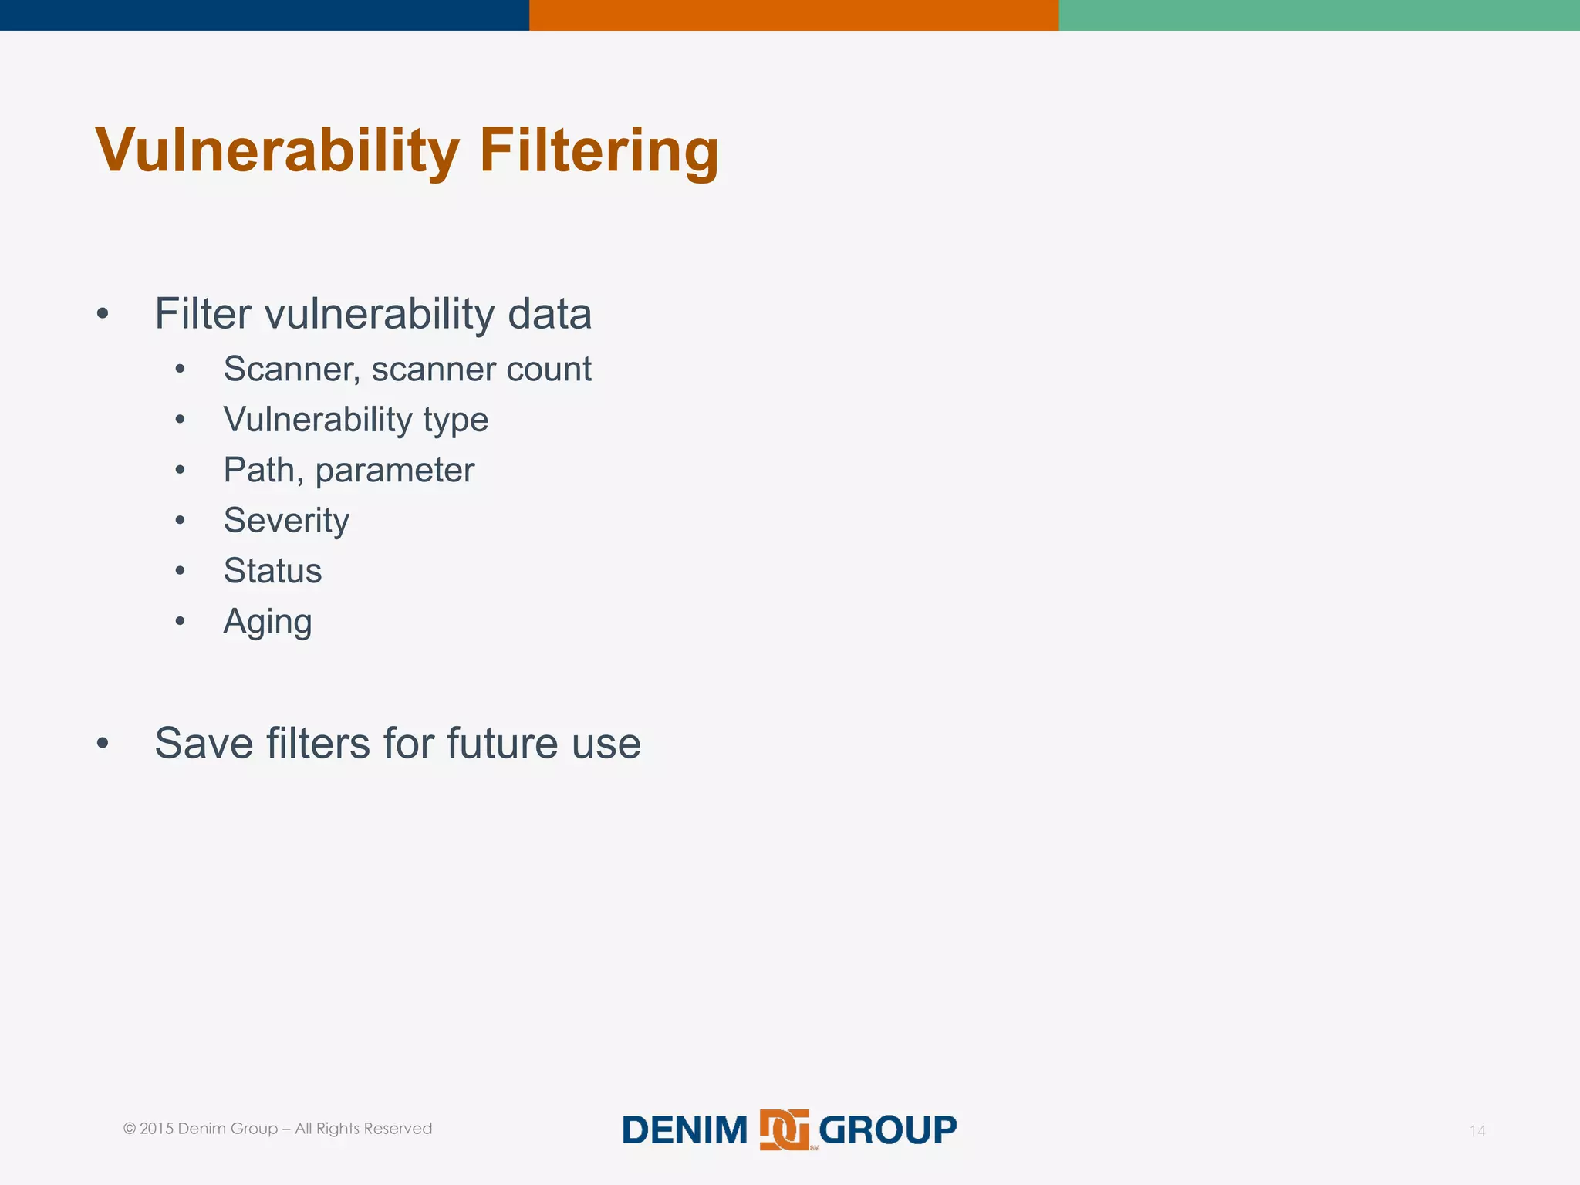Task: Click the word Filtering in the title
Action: [599, 150]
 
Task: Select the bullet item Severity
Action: [286, 521]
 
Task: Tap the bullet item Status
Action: [272, 571]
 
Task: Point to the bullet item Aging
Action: [268, 622]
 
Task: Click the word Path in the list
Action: [259, 470]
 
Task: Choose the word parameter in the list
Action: [395, 471]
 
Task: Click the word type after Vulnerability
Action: [455, 420]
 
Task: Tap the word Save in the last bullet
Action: [204, 743]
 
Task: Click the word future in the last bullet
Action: [502, 743]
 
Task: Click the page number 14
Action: [1477, 1131]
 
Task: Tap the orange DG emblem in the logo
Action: [785, 1129]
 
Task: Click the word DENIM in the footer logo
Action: [684, 1130]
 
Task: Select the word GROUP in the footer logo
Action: [887, 1130]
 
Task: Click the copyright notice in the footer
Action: [278, 1129]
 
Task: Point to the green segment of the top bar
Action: [1319, 15]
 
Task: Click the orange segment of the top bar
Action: [794, 15]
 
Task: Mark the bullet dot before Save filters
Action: [103, 743]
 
